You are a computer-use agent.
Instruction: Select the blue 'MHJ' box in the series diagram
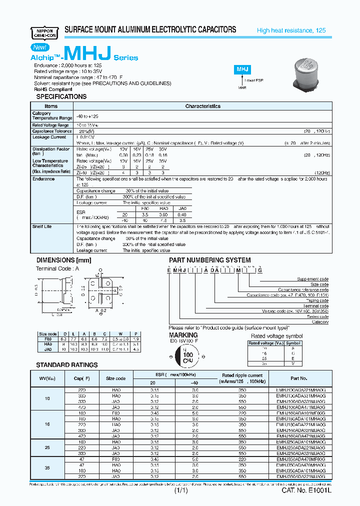[242, 70]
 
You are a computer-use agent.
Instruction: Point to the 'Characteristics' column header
[202, 106]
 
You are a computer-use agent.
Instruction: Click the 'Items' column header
[51, 106]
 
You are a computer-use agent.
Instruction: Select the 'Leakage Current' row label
[49, 137]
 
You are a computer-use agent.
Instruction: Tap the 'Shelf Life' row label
[42, 226]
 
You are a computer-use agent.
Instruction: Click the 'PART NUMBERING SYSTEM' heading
[209, 260]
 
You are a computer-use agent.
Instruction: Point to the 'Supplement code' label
[312, 279]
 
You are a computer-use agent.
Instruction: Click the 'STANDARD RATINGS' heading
[66, 365]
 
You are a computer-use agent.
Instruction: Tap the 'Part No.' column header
[298, 378]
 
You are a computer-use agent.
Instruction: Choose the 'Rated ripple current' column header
[242, 375]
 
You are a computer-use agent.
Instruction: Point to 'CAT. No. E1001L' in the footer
[306, 491]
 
